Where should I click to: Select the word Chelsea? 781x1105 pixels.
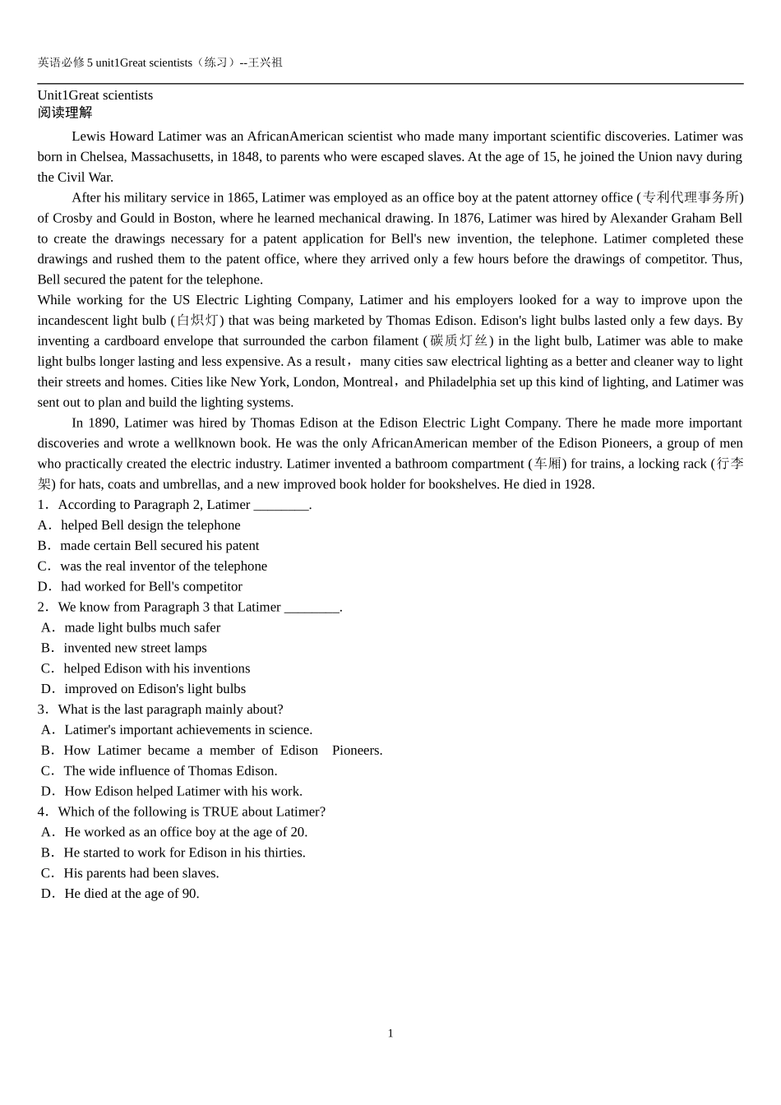point(102,156)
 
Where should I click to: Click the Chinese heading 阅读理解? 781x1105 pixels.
point(65,113)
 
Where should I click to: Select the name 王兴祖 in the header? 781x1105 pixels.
point(266,62)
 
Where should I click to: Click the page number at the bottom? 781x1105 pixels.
point(390,1033)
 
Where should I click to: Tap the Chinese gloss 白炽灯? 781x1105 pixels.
point(197,321)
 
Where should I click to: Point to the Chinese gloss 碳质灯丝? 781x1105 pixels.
point(459,341)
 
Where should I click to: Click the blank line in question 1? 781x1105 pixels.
point(281,505)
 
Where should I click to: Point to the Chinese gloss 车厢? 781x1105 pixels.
point(548,464)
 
